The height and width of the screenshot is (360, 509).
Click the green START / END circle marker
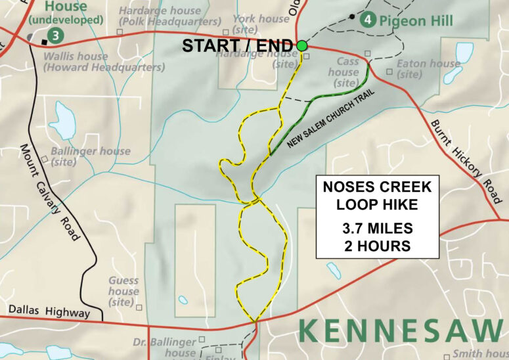coord(301,45)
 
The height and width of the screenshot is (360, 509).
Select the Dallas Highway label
coord(49,312)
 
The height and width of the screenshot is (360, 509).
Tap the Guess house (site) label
coord(123,291)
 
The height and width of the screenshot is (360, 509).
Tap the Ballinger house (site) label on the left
coord(91,156)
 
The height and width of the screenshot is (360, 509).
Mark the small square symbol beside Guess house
coord(139,306)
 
